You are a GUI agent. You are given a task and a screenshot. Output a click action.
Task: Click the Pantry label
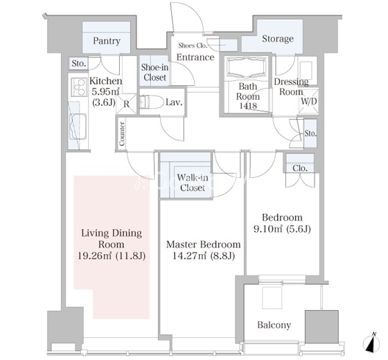[107, 41]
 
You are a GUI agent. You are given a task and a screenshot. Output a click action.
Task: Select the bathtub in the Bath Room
[247, 68]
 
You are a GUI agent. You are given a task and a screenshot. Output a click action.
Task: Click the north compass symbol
[371, 343]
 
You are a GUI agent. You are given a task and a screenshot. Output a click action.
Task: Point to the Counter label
[122, 134]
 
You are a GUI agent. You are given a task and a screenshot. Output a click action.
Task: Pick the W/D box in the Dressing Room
[308, 100]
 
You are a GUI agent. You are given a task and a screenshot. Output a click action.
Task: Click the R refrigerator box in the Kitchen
[126, 104]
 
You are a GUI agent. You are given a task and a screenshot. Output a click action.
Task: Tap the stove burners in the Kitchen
[79, 87]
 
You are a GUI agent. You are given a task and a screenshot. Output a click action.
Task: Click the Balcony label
[274, 325]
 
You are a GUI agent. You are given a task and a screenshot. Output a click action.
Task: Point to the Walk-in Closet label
[193, 183]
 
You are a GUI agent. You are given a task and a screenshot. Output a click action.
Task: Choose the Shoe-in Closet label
[155, 72]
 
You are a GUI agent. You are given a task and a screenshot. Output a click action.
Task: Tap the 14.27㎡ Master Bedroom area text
[189, 255]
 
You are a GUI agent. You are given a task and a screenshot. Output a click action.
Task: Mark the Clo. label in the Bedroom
[300, 168]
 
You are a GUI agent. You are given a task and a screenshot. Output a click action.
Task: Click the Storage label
[278, 39]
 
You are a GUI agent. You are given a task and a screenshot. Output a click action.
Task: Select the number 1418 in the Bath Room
[248, 105]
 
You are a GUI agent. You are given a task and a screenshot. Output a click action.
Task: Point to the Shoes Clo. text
[193, 46]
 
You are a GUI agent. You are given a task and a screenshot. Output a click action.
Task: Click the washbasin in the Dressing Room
[307, 71]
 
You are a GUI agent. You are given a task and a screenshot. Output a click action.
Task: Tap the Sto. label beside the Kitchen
[79, 64]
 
